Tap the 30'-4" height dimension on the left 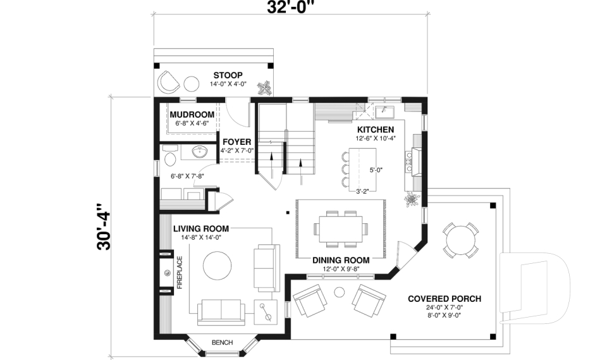tap(104, 227)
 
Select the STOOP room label tap(228, 75)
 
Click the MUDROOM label tap(192, 115)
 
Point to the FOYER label tap(236, 142)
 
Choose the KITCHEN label tap(375, 129)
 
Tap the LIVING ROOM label tap(201, 228)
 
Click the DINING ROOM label tap(341, 260)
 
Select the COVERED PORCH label tap(445, 299)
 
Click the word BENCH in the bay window tap(222, 342)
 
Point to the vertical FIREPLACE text tap(180, 272)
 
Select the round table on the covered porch tap(460, 239)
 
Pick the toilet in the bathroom tap(169, 156)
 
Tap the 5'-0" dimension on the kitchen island tap(376, 170)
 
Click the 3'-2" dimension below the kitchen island tap(363, 190)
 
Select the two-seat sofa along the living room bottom tap(221, 311)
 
